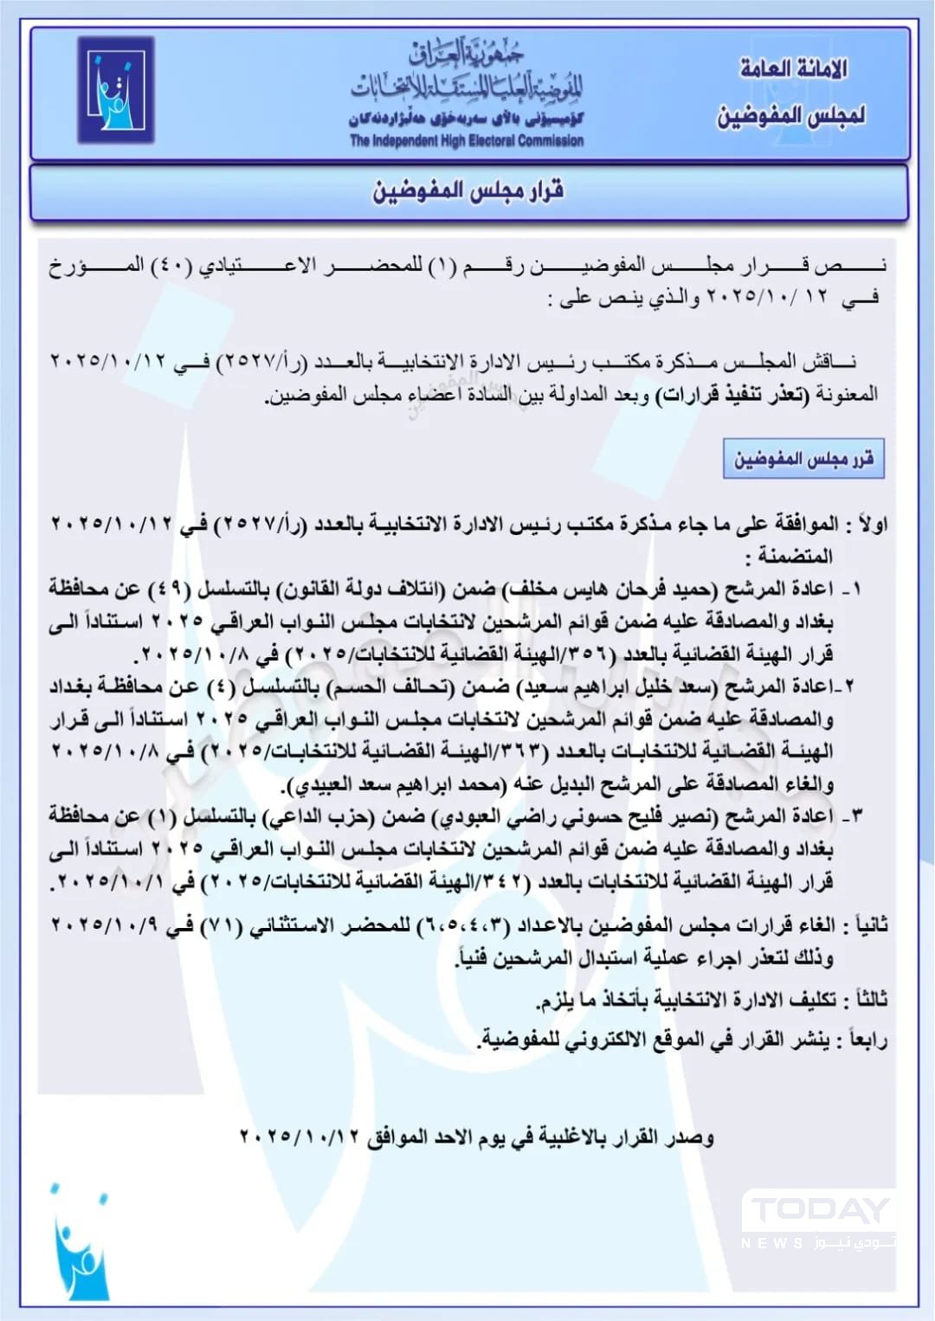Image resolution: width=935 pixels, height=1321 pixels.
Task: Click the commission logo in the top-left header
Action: click(x=115, y=89)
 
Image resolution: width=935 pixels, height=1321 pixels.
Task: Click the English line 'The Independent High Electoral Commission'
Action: click(x=467, y=140)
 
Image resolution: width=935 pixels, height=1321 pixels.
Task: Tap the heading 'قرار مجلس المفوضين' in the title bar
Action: click(x=468, y=190)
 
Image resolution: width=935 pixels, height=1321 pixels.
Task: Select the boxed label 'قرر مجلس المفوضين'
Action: click(x=803, y=458)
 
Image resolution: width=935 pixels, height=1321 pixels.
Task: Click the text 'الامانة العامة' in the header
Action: click(x=793, y=68)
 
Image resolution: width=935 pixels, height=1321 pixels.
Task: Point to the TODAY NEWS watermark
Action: click(x=818, y=1221)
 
